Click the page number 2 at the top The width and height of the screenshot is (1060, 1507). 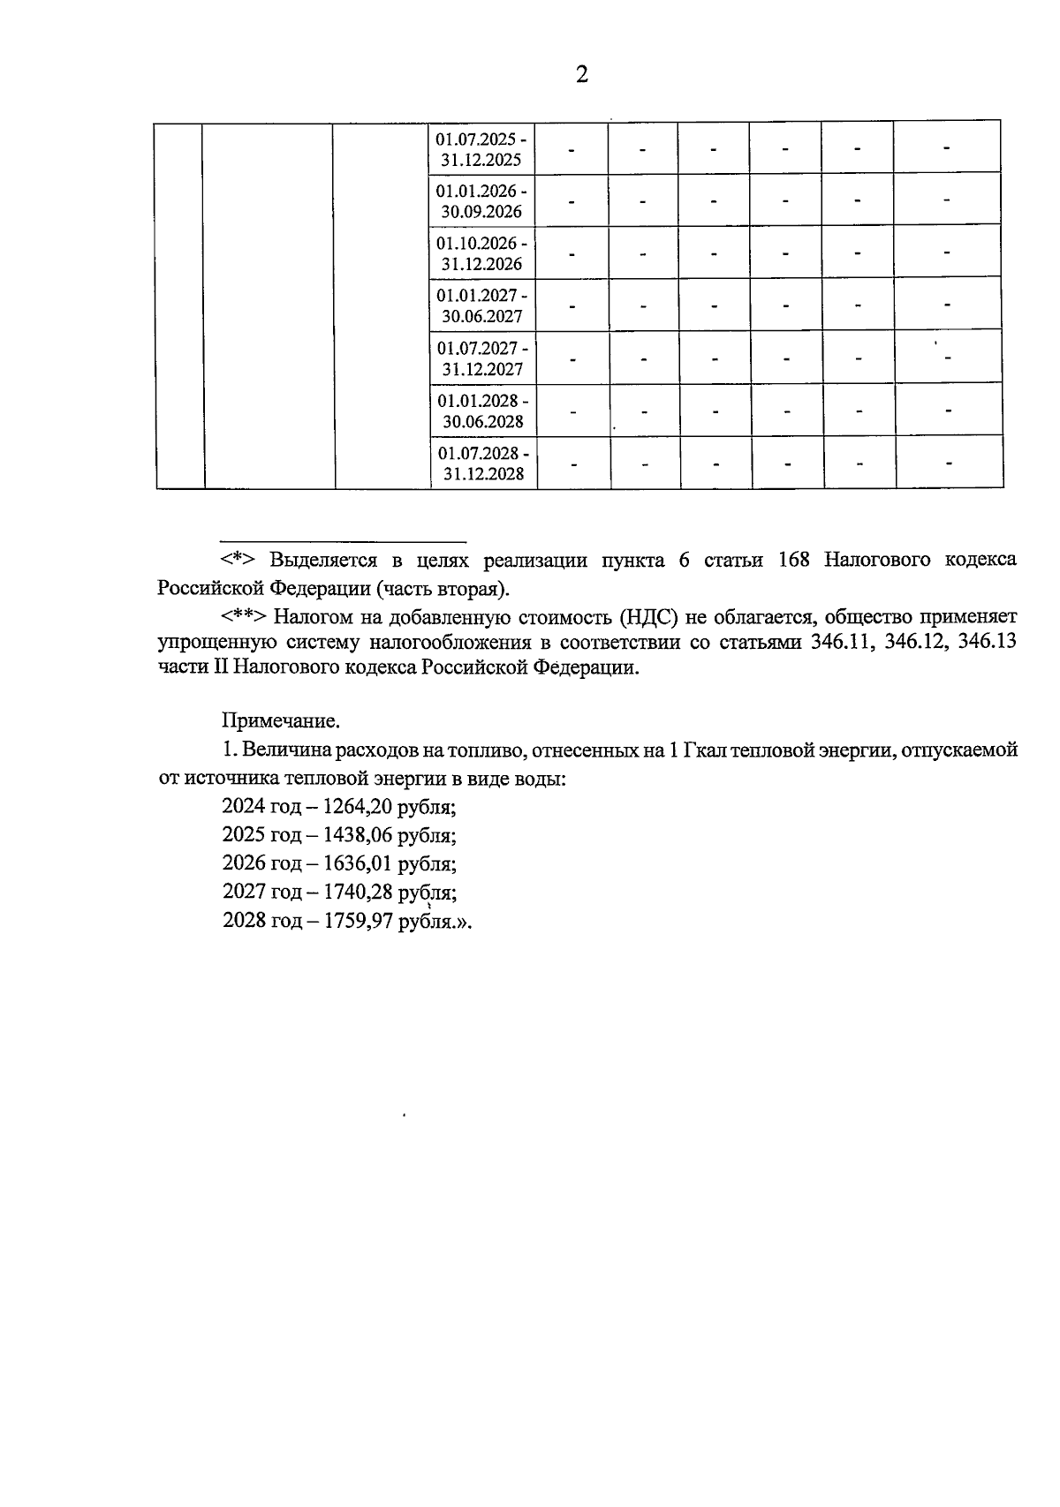[581, 75]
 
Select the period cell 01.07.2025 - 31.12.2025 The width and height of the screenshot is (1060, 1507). [482, 149]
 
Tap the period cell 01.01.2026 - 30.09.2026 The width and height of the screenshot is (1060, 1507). [482, 200]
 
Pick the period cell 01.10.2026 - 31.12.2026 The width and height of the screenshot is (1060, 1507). [482, 252]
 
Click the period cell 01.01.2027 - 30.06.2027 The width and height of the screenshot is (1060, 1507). [482, 305]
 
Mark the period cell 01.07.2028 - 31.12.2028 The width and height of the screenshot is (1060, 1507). [484, 462]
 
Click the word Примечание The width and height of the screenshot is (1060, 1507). [280, 721]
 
